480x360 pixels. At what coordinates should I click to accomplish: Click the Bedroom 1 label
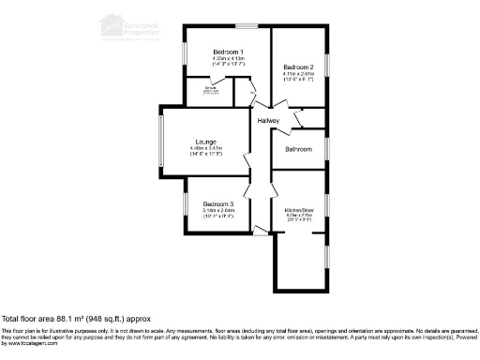click(x=228, y=52)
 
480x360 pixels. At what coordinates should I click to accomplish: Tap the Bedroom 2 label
click(x=298, y=67)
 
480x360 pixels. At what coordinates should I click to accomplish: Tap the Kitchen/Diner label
click(x=299, y=210)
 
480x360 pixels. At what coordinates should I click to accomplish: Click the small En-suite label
click(x=197, y=89)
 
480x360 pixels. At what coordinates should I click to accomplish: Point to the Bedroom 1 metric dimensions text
click(x=228, y=58)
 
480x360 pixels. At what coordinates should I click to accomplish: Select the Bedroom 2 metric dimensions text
click(x=298, y=74)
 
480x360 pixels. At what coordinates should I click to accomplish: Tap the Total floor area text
click(x=76, y=320)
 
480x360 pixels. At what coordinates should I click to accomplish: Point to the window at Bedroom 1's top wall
click(x=247, y=26)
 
